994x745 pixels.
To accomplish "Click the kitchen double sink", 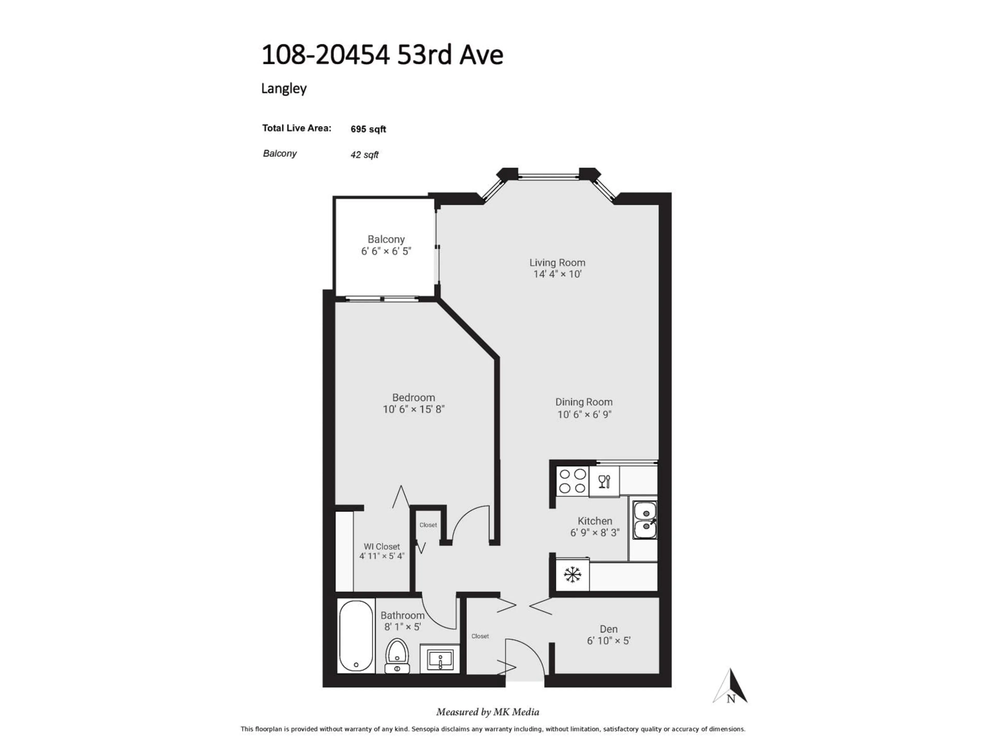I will click(x=645, y=520).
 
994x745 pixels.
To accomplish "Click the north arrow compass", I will click(x=731, y=687).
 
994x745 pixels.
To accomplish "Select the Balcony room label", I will click(x=386, y=239).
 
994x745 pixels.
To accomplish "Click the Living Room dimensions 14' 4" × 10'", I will click(x=557, y=274).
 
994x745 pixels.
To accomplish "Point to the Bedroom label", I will click(x=413, y=397).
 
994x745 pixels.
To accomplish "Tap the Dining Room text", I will click(x=584, y=402).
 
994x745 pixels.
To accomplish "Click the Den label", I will click(x=609, y=629).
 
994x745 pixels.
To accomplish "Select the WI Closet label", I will click(x=382, y=547).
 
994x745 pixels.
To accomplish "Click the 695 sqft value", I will click(x=368, y=129).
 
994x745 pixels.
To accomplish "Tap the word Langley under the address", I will click(x=283, y=88).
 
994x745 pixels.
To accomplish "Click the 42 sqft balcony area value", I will click(x=364, y=155).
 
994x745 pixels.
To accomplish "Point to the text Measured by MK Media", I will click(x=488, y=712).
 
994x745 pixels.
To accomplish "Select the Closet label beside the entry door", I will click(x=480, y=636).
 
